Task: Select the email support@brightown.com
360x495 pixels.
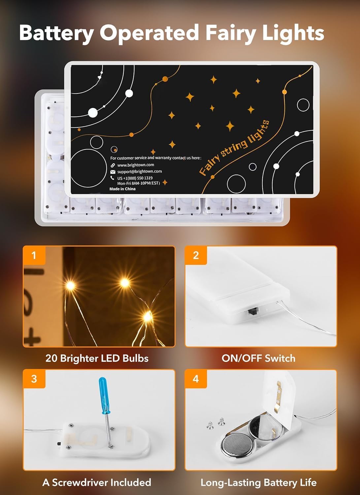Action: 139,172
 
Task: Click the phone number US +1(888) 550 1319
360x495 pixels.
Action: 135,178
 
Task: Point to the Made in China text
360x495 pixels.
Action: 122,189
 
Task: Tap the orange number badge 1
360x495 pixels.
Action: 34,255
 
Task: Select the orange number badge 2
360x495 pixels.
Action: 196,255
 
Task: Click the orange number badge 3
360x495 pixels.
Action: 34,379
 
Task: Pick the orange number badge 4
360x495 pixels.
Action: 196,379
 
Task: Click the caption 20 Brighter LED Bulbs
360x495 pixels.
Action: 97,358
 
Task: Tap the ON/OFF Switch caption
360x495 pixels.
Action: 258,358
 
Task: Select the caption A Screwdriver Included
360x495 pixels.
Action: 97,482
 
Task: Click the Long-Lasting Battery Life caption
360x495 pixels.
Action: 258,483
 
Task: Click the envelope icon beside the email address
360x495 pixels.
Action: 113,172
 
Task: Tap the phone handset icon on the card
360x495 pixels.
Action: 113,178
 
